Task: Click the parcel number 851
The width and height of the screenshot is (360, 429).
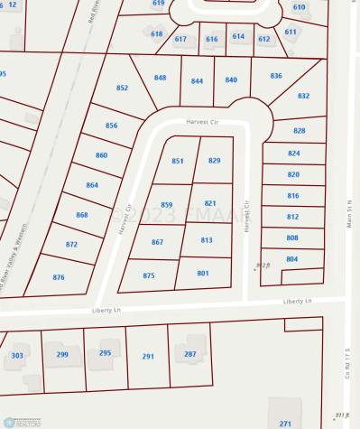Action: (178, 161)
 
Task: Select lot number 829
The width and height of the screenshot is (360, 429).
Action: (214, 161)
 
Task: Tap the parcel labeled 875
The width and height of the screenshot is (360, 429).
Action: (149, 275)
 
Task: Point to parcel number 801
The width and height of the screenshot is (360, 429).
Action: (203, 274)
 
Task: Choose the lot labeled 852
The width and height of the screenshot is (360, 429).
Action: (123, 89)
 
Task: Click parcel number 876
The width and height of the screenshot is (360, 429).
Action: (59, 277)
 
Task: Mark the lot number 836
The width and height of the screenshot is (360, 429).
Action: (276, 76)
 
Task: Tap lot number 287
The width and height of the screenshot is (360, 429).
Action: (189, 353)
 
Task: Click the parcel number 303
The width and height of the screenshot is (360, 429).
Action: (17, 356)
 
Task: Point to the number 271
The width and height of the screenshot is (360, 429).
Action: (285, 424)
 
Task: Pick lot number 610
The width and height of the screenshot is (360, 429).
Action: (299, 6)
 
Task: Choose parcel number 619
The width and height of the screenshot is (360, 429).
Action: (159, 4)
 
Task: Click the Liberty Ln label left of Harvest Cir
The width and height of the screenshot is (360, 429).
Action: (105, 311)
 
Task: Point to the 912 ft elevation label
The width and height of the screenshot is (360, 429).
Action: (263, 266)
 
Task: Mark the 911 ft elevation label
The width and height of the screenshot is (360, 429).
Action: (340, 415)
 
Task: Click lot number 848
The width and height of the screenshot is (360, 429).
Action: (160, 78)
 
